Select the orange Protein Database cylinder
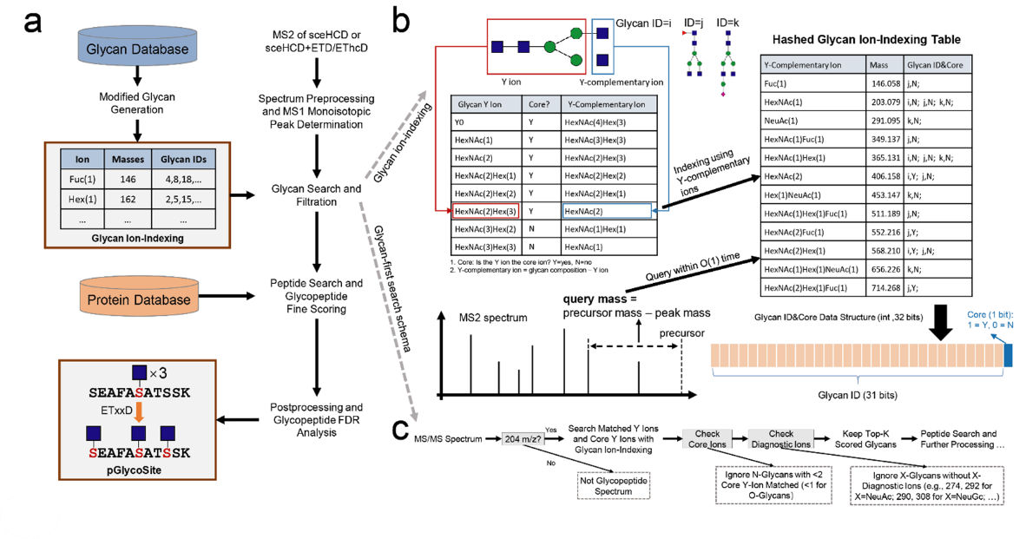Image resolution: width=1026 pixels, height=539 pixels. point(136,299)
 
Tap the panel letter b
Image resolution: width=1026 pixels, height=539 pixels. point(402,20)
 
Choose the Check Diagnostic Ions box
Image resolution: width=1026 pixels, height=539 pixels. point(781,439)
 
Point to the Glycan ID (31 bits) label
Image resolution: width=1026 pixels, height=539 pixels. point(856,394)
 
